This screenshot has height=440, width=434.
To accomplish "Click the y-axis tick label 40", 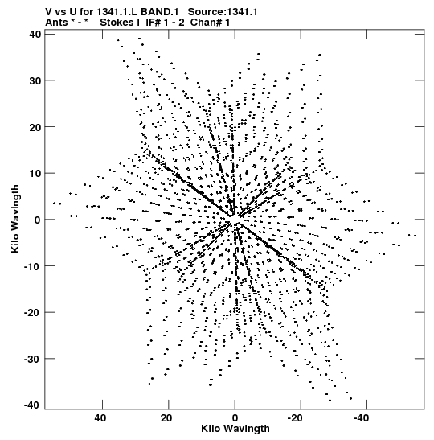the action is click(35, 35).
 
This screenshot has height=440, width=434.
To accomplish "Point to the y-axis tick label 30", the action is click(35, 80).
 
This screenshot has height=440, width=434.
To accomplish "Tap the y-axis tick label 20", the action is click(35, 127).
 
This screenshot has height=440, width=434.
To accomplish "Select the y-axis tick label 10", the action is click(35, 173).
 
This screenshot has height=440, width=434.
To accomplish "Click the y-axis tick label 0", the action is click(38, 220).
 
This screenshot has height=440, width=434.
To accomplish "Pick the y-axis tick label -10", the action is click(33, 266).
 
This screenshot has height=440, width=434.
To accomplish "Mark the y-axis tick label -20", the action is click(33, 312).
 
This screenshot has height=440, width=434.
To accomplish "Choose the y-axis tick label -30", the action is click(33, 359).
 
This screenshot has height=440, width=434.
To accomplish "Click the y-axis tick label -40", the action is click(33, 405).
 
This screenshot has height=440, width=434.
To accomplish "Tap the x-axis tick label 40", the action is click(100, 418).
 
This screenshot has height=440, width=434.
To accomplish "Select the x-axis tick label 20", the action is click(166, 418).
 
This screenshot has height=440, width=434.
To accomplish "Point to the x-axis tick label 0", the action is click(235, 418).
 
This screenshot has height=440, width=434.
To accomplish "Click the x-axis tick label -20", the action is click(295, 418).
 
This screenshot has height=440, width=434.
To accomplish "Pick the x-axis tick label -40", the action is click(362, 418).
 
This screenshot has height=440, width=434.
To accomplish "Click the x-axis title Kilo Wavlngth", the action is click(235, 429).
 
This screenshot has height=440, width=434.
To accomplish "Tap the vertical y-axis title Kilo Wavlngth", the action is click(15, 219).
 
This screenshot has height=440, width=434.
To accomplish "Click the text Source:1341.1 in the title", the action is click(223, 12).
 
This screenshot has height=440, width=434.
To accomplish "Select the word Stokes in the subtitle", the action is click(117, 23).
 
